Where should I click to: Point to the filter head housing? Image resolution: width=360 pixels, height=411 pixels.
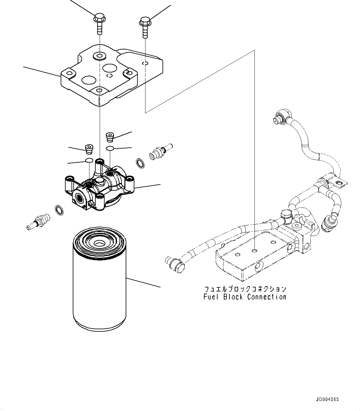pyautogui.click(x=99, y=192)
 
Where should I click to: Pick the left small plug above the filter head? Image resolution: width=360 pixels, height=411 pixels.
pyautogui.click(x=89, y=149)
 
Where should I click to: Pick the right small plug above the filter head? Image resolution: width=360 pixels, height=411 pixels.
pyautogui.click(x=110, y=136)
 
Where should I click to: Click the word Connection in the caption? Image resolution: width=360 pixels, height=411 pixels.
pyautogui.click(x=267, y=297)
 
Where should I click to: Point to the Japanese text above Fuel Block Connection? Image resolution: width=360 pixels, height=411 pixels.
pyautogui.click(x=245, y=289)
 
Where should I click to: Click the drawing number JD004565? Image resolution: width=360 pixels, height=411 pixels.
pyautogui.click(x=327, y=399)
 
